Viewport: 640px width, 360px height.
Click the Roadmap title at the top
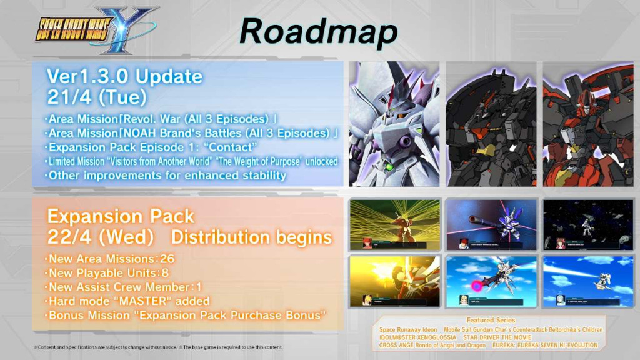(x=318, y=31)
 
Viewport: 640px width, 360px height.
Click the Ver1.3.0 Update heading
(x=124, y=76)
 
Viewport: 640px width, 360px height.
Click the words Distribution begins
(x=251, y=237)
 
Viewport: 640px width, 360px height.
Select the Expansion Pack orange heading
(x=121, y=217)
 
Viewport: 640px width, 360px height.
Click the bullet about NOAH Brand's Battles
(x=191, y=133)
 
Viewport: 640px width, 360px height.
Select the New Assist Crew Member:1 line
(x=125, y=287)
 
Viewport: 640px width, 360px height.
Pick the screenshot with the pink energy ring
(x=491, y=281)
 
